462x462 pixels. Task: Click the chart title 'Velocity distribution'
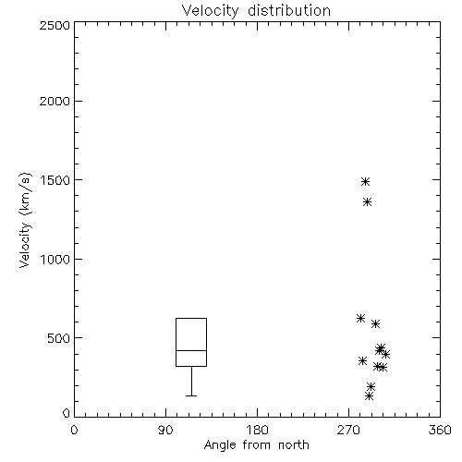click(256, 11)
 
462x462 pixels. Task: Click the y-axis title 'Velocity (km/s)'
click(25, 220)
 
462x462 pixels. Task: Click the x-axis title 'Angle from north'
click(256, 445)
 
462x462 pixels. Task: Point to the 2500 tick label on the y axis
click(55, 25)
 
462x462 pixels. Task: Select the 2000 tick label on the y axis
click(55, 101)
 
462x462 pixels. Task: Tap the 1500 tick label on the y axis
click(55, 180)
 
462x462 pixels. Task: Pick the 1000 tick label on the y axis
click(55, 259)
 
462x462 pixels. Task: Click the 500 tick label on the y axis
click(59, 338)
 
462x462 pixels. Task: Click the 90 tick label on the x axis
click(165, 430)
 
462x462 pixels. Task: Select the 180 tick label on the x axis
click(257, 430)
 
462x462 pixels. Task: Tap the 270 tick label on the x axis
click(348, 430)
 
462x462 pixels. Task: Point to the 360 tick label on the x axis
click(440, 430)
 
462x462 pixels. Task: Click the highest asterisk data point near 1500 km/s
click(365, 181)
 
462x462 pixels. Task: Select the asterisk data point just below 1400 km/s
click(367, 202)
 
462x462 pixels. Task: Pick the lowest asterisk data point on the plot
click(370, 395)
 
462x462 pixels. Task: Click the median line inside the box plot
click(191, 350)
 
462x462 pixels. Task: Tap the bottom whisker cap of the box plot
click(191, 395)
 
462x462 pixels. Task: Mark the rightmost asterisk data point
click(385, 354)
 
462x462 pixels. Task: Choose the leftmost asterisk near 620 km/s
click(360, 318)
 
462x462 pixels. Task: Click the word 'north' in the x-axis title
click(294, 445)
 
